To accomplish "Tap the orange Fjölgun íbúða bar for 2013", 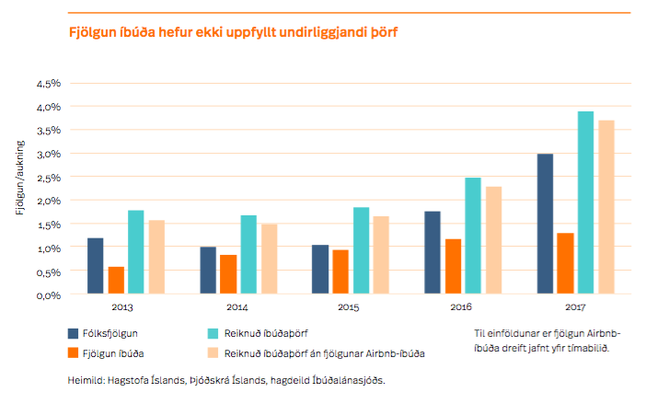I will click(x=116, y=281).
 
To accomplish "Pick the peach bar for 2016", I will click(x=494, y=240).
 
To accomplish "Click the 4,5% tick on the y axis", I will click(x=48, y=84).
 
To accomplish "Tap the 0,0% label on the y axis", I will click(x=48, y=295).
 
